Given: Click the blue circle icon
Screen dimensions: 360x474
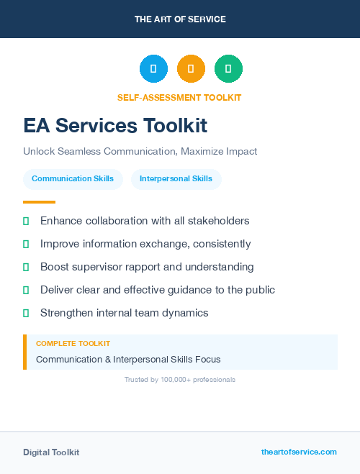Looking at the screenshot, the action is click(x=153, y=68).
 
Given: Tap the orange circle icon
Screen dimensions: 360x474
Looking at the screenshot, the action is click(x=191, y=68).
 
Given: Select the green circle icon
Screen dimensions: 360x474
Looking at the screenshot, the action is click(x=228, y=68).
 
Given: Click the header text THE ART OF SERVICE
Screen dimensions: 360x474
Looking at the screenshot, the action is click(x=180, y=19).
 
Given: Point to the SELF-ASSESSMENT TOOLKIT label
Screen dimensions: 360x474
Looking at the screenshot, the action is click(x=179, y=98).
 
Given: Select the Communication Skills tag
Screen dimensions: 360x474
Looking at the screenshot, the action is click(x=73, y=179).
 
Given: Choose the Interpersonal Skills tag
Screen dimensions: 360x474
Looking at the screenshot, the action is click(x=176, y=179).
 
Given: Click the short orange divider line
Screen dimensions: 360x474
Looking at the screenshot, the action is click(x=39, y=202).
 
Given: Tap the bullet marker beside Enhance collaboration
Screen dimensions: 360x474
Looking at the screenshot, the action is click(x=26, y=221).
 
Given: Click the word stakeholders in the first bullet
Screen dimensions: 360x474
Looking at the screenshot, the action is click(x=217, y=221).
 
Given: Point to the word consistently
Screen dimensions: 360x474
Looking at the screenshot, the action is click(x=220, y=244).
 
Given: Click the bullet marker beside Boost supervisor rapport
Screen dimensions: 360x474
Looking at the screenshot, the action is click(x=26, y=267).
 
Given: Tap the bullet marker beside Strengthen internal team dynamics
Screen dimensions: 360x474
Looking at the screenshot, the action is click(x=26, y=313).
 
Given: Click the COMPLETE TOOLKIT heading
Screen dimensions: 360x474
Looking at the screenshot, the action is click(x=73, y=344).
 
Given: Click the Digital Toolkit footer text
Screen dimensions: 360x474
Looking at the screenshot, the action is click(x=51, y=452).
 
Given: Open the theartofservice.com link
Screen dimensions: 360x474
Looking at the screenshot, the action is click(x=299, y=452).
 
